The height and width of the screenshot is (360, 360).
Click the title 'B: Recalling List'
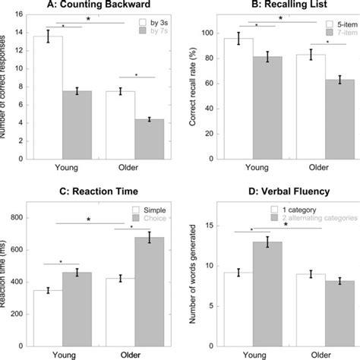click(280, 7)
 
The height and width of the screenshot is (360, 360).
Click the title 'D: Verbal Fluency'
click(280, 186)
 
